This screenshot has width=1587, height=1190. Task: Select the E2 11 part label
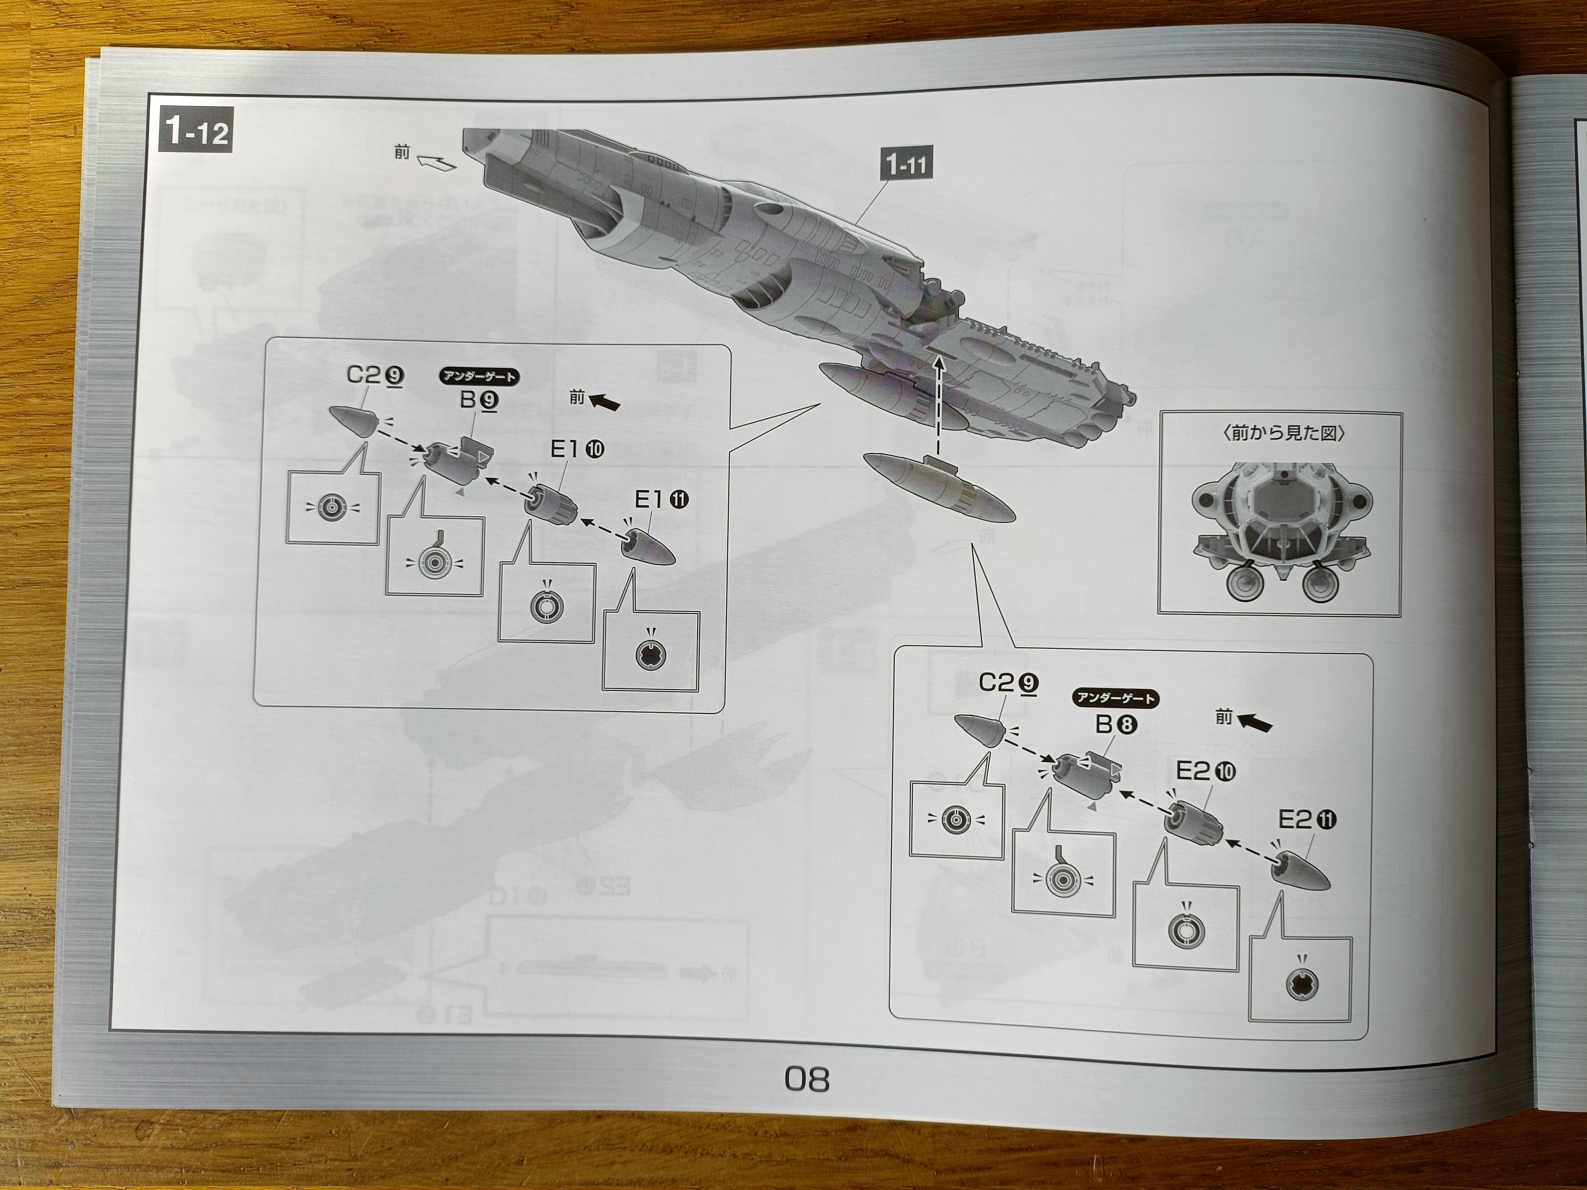point(1307,819)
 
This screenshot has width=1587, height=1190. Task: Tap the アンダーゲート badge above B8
point(1116,698)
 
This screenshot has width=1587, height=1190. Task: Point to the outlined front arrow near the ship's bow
point(437,162)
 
